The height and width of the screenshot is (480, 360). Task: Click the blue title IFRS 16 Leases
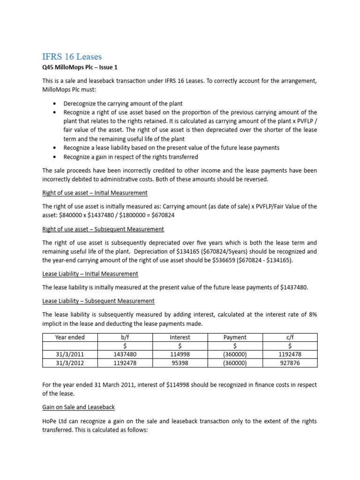(72, 57)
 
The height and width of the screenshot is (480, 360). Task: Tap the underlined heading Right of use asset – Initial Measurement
(95, 193)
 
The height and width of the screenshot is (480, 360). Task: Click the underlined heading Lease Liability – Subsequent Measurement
(98, 301)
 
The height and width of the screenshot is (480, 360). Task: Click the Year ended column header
(70, 337)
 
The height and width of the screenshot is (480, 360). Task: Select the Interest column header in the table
(180, 337)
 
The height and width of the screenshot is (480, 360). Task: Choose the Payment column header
(235, 337)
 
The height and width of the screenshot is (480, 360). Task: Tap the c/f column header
(290, 337)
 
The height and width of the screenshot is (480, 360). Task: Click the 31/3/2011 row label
(70, 354)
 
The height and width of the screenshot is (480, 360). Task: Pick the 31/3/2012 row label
(70, 363)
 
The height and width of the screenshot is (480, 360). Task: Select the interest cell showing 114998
(180, 354)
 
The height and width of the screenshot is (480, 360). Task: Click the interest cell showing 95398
(180, 363)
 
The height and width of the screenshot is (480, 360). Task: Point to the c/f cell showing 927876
(290, 363)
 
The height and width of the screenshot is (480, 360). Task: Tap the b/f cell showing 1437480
(125, 354)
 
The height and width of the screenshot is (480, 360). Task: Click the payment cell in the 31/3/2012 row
(235, 363)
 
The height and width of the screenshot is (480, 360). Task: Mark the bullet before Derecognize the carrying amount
(56, 104)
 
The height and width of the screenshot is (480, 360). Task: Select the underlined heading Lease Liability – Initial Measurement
(90, 274)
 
